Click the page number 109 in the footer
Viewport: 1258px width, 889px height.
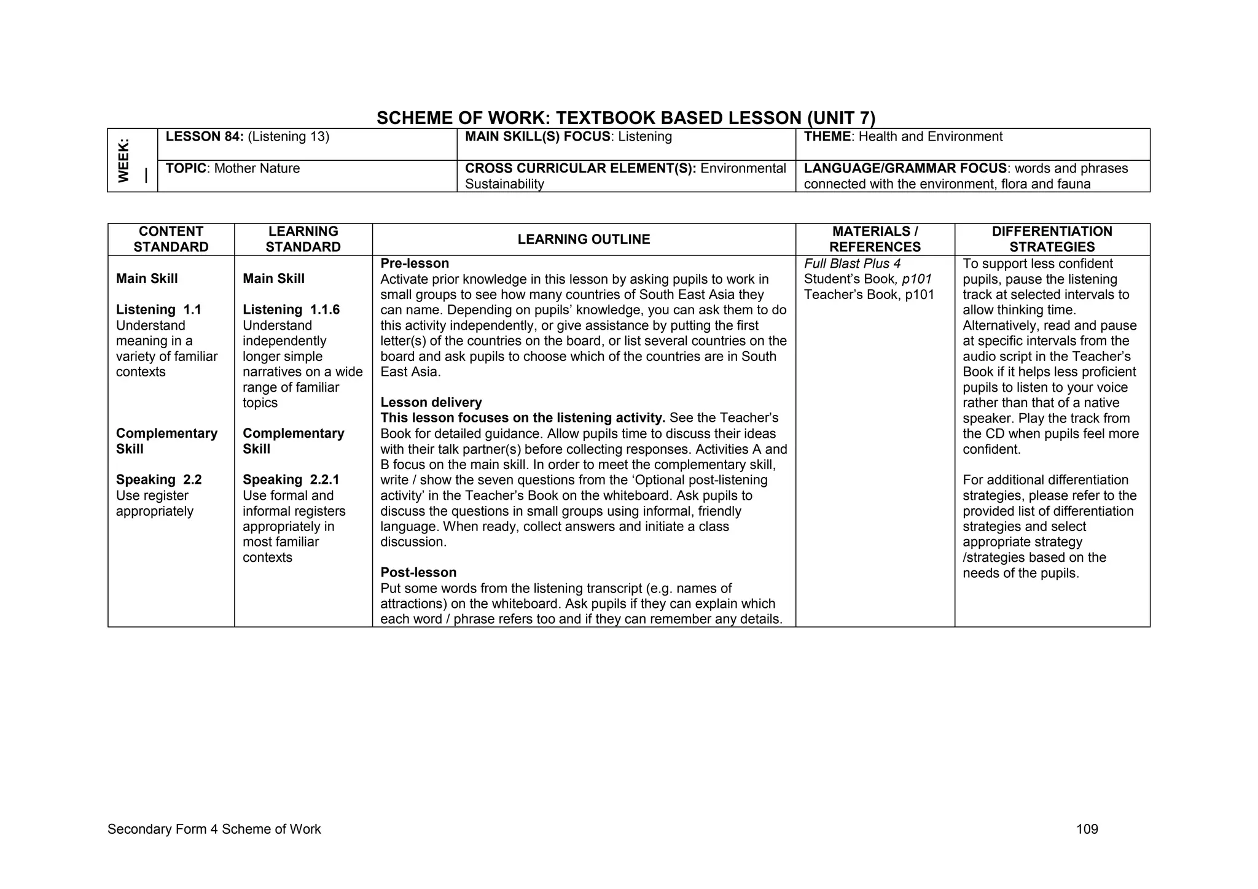(x=1087, y=829)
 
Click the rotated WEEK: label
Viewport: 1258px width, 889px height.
(x=124, y=160)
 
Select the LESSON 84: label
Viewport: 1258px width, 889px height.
(x=205, y=137)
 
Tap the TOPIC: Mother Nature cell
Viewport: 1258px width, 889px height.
(x=233, y=169)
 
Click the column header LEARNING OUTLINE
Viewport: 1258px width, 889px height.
(x=584, y=239)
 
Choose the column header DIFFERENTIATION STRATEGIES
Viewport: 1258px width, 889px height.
(x=1052, y=239)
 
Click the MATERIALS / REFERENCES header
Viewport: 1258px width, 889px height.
(x=875, y=239)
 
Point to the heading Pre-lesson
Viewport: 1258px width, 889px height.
(x=415, y=263)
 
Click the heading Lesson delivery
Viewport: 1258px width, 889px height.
(x=431, y=403)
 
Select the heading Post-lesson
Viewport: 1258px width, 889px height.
(x=418, y=573)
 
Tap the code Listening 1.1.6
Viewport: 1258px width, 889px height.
(x=291, y=310)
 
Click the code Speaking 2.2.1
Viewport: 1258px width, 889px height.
(x=291, y=480)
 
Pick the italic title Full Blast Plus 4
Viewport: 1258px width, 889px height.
(x=852, y=264)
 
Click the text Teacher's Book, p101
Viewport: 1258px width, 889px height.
(x=869, y=295)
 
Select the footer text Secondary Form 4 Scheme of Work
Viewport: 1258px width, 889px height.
(x=214, y=829)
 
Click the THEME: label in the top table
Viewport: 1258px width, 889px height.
(x=827, y=137)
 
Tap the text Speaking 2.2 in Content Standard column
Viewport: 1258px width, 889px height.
(x=158, y=480)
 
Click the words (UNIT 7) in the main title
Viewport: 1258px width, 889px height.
(x=841, y=118)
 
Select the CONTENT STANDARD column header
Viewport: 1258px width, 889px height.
(x=171, y=239)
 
